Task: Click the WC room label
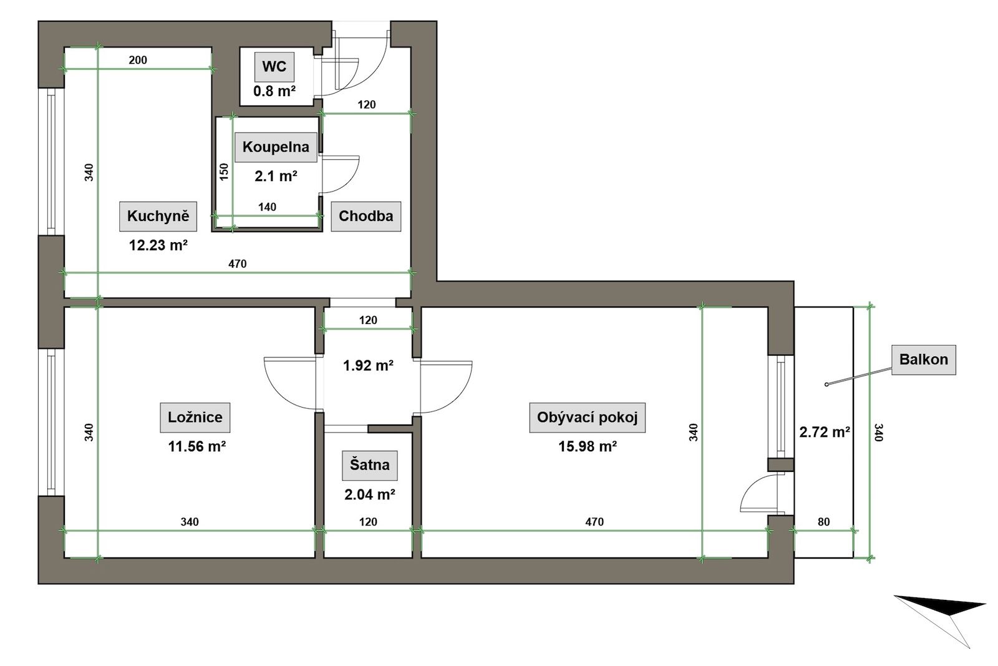tap(274, 66)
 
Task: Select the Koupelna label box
tap(276, 147)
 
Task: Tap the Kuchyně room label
tap(158, 216)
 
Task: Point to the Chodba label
tap(366, 216)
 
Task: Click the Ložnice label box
tap(195, 417)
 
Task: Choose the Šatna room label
tap(370, 465)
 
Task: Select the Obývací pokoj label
tap(587, 417)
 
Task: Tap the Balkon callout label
tap(924, 360)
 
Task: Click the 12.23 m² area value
tap(158, 245)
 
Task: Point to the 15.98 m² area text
tap(588, 446)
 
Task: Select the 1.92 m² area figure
tap(368, 366)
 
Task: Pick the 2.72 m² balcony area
tap(825, 432)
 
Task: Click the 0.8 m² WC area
tap(274, 91)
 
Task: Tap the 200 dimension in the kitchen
tap(138, 60)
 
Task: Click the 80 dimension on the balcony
tap(824, 522)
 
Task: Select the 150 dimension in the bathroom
tap(224, 172)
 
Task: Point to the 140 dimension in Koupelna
tap(268, 207)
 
